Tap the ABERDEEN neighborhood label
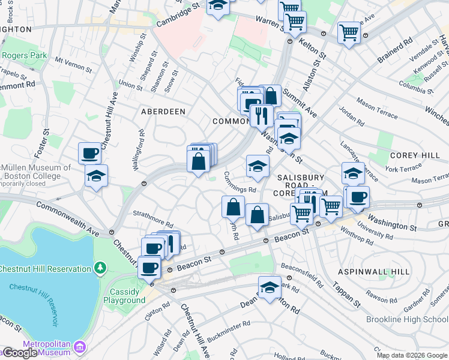(163, 112)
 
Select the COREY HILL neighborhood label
(415, 155)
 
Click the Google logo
(19, 353)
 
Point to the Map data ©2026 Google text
(412, 355)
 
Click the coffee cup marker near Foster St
(90, 154)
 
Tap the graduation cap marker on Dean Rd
(270, 287)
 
